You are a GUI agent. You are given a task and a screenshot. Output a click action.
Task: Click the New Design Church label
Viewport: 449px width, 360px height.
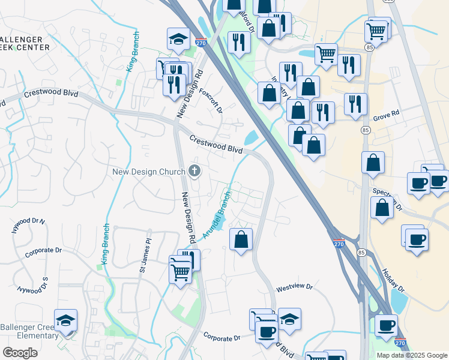point(149,172)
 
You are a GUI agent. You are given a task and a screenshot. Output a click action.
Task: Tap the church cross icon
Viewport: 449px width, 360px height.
point(194,172)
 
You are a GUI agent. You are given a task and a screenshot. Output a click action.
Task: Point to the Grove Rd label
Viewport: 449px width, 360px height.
point(386,114)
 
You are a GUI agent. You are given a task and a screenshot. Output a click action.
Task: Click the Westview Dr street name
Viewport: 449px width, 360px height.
point(294,288)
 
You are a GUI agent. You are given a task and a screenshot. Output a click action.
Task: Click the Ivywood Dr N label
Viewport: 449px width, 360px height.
point(29,226)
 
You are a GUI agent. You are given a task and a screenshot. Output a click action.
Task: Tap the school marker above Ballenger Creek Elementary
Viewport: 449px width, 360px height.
point(65,321)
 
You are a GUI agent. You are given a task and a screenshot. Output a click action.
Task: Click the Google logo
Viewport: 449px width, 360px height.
point(20,352)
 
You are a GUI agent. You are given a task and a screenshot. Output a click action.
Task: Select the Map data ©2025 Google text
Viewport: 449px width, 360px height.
point(411,355)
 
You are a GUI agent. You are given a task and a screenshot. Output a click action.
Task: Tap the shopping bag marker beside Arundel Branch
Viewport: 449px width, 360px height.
point(241,239)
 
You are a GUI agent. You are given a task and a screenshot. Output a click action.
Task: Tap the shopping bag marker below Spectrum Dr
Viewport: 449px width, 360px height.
point(382,208)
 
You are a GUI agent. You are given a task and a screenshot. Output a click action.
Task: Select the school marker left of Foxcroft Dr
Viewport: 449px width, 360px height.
point(177,40)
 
